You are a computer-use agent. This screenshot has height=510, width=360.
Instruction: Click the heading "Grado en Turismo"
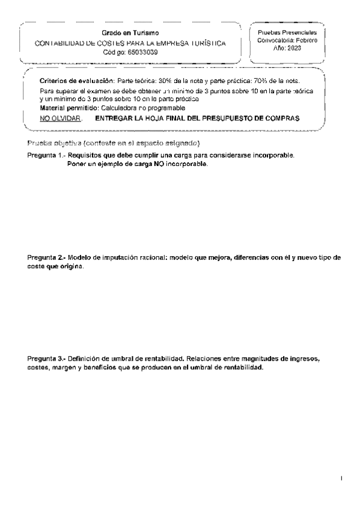[x=130, y=32]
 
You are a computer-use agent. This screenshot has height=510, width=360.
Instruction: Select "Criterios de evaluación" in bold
[x=67, y=81]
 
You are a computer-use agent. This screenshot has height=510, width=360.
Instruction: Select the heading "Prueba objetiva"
[x=54, y=145]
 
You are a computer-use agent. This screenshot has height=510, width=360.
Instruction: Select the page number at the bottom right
[x=341, y=479]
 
